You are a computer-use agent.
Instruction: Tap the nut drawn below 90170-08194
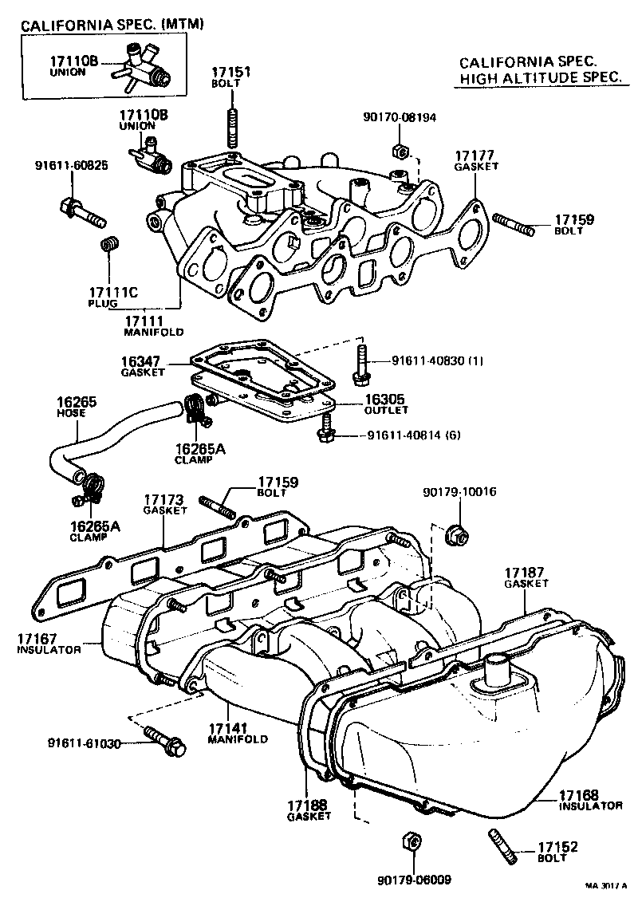click(x=400, y=151)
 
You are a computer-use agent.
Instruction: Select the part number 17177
click(x=476, y=155)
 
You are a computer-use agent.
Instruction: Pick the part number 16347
click(x=143, y=362)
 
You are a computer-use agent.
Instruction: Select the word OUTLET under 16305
click(x=386, y=410)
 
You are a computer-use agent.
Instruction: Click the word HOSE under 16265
click(x=66, y=415)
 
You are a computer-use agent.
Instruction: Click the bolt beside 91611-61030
click(x=164, y=740)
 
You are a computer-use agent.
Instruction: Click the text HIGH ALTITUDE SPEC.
click(x=539, y=77)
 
